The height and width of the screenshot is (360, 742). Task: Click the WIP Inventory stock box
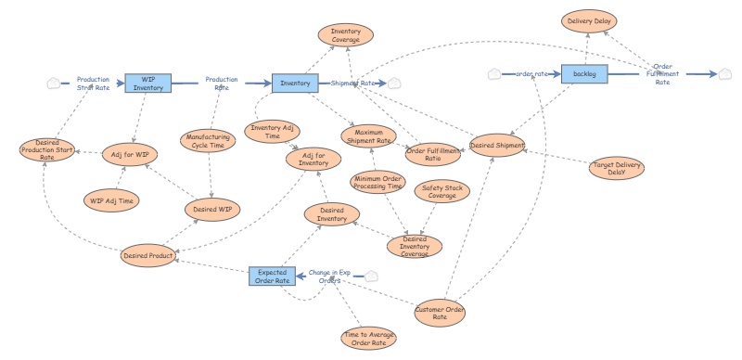148,84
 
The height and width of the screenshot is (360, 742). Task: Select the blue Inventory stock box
295,84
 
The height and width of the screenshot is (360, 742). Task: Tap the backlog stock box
584,74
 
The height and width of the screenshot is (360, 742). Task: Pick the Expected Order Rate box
272,276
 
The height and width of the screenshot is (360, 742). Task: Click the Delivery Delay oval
589,21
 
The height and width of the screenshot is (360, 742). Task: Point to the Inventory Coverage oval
346,35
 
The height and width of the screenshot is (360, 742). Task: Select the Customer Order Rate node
440,313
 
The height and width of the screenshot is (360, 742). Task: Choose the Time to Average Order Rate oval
368,339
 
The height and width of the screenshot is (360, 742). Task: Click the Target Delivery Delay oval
617,169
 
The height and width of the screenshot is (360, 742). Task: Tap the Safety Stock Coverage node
442,191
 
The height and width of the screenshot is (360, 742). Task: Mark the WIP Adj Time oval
111,200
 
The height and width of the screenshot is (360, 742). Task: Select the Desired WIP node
212,210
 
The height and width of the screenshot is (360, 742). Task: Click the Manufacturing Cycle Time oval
208,141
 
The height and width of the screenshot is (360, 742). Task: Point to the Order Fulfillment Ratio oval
433,154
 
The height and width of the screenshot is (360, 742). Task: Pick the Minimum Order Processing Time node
378,183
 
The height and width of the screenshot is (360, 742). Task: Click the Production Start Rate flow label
94,84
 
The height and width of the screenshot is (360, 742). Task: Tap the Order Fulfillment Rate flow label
662,74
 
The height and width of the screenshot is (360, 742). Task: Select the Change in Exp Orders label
329,276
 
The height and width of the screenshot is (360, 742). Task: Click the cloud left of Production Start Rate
54,84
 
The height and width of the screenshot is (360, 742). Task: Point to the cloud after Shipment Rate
393,84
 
